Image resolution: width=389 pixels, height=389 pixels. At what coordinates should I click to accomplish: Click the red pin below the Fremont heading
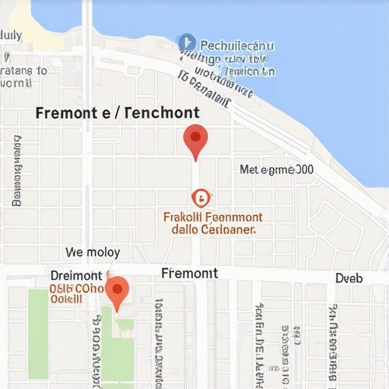(195, 140)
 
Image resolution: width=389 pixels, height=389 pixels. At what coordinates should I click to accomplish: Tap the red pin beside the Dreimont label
(116, 291)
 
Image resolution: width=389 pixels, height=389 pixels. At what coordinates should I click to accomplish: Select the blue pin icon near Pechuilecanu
(185, 43)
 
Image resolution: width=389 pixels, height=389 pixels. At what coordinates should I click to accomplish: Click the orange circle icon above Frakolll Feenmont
(200, 198)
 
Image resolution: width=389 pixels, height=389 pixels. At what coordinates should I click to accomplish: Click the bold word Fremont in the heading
(67, 114)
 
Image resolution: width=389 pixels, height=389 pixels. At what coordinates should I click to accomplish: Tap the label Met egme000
(276, 170)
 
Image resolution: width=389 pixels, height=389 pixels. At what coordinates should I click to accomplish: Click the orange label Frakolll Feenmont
(213, 217)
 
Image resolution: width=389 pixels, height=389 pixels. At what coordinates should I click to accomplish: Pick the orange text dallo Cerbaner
(213, 229)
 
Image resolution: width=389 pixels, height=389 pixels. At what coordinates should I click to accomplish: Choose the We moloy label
(93, 252)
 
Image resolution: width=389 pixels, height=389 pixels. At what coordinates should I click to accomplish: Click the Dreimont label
(76, 275)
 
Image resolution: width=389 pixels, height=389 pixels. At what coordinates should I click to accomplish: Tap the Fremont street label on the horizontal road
(189, 274)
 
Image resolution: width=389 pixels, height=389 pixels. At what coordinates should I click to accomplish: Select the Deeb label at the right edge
(349, 278)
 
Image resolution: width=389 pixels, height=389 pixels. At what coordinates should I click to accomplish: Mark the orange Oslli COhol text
(76, 289)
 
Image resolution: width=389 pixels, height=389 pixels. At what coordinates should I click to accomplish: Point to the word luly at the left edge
(11, 34)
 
